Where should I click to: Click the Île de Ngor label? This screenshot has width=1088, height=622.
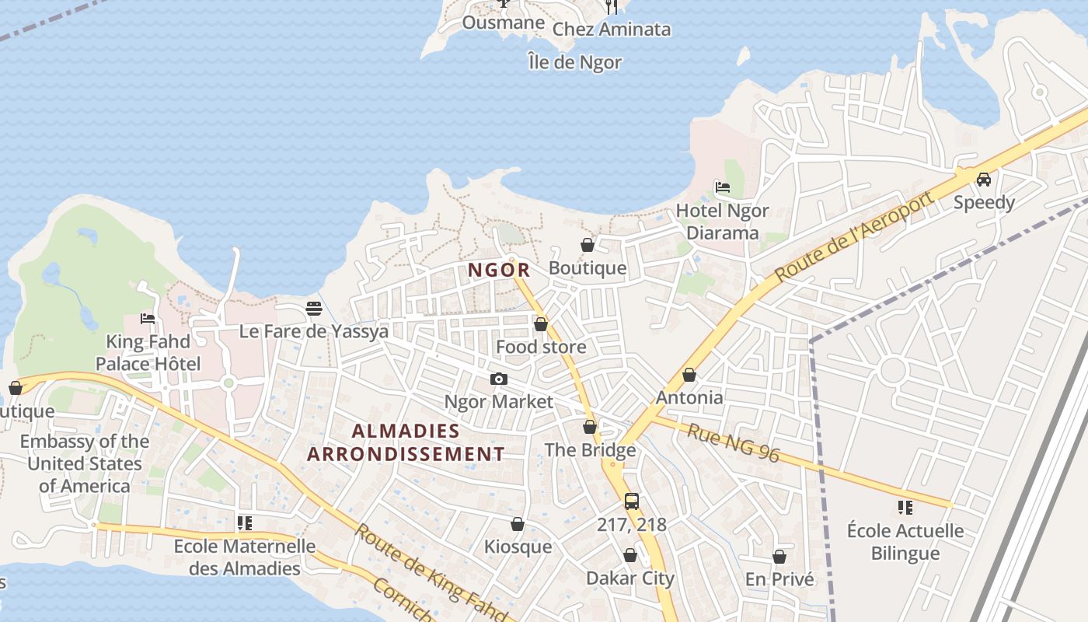(x=574, y=62)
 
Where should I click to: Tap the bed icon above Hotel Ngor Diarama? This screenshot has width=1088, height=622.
(x=723, y=187)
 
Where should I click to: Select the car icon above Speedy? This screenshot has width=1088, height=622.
(x=984, y=180)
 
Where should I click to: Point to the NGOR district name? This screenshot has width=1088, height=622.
(x=499, y=271)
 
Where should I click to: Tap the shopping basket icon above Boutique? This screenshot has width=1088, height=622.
(x=588, y=246)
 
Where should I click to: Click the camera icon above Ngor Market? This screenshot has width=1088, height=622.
(x=499, y=379)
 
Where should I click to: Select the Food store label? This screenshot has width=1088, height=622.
(x=541, y=347)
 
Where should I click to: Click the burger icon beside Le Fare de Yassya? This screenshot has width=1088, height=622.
(x=314, y=309)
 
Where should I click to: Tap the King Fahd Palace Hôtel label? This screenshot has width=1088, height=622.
(x=148, y=353)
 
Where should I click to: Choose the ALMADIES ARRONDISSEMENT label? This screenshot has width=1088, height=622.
(x=406, y=442)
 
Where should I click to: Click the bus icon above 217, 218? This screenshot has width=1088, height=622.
(x=632, y=501)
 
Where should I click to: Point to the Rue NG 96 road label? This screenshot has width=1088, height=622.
(x=732, y=442)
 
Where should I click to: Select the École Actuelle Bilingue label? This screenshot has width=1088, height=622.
(x=905, y=543)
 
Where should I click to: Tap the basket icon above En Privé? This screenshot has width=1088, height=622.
(x=779, y=557)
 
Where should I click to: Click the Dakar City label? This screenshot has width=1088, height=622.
(x=630, y=578)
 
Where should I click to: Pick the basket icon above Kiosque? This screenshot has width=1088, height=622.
(x=518, y=525)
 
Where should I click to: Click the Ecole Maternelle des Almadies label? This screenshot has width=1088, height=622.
(x=245, y=557)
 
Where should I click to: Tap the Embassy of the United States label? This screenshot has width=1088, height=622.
(x=85, y=464)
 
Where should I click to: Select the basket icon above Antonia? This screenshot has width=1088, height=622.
(x=689, y=376)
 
